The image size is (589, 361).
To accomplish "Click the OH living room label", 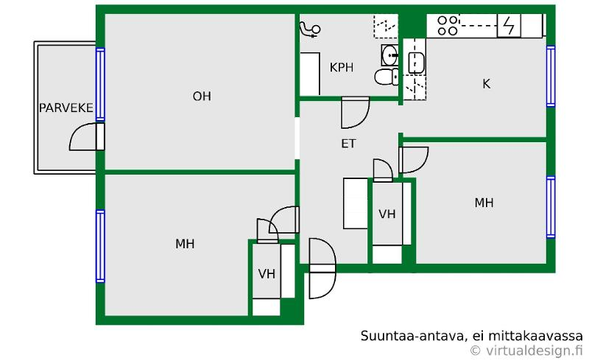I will click(202, 97).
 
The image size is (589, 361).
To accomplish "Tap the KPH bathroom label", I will click(342, 68).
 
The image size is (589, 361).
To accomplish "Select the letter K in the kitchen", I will click(486, 84).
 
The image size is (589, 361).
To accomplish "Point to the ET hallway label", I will click(348, 144).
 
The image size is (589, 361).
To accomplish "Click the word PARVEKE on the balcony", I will click(66, 108).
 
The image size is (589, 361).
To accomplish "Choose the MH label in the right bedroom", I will click(484, 203).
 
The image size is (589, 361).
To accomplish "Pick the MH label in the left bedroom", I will click(185, 244).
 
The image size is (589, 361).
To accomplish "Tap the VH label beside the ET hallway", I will click(387, 214).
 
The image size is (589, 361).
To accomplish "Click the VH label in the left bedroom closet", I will click(267, 274).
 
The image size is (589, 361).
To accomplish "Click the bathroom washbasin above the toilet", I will click(389, 54).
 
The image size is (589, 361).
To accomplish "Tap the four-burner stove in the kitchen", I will click(448, 26).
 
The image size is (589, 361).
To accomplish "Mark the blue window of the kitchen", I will click(550, 76).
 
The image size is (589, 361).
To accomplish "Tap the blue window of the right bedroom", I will click(550, 207).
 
